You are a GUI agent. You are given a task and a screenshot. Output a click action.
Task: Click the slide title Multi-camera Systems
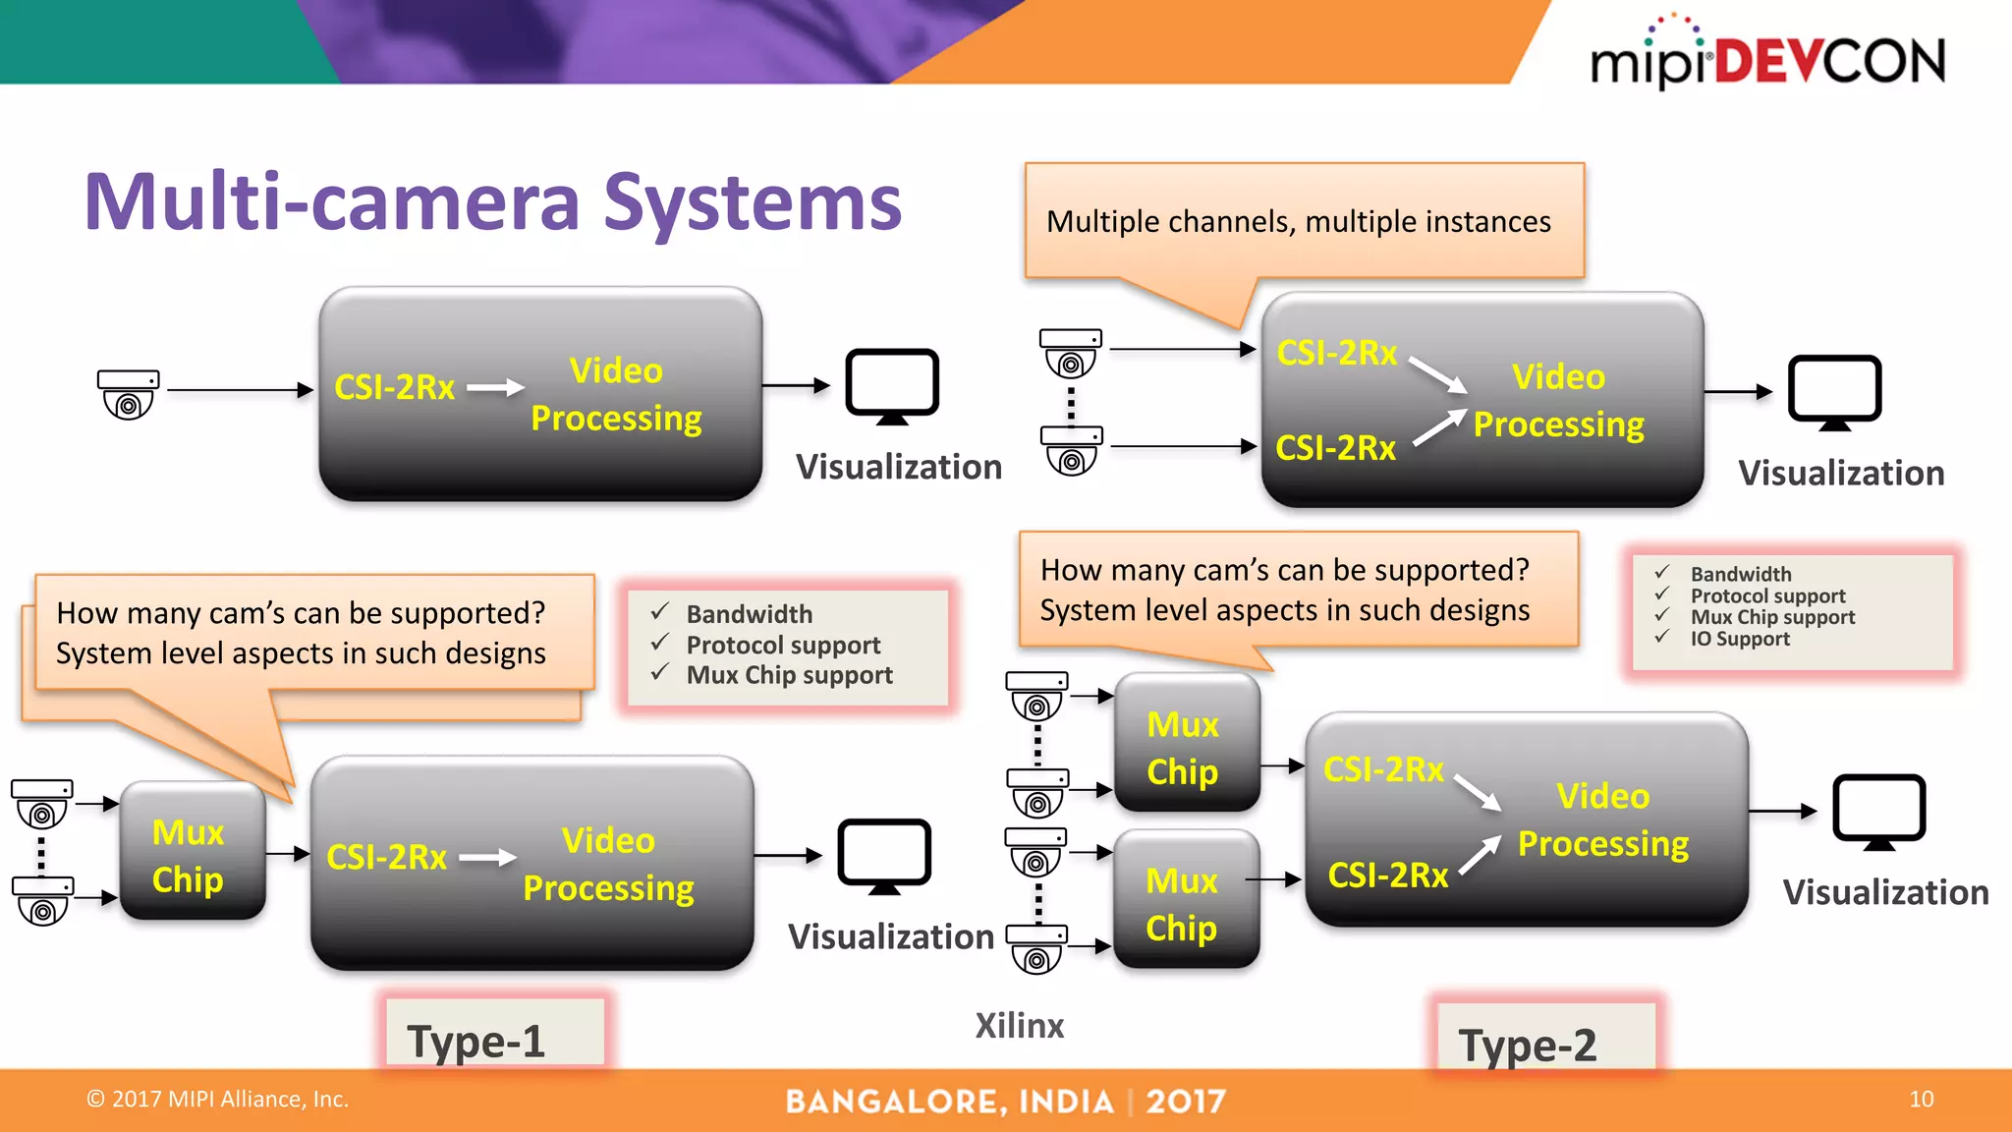(x=492, y=202)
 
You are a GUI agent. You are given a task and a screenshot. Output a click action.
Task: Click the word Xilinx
(x=1019, y=1026)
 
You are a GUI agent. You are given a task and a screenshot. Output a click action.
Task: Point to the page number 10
(x=1921, y=1099)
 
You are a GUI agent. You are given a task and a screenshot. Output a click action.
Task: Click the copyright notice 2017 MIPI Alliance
(x=218, y=1099)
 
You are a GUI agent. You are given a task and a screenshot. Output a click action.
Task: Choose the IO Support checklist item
(x=1739, y=640)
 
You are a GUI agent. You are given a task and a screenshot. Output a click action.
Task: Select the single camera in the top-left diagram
(x=128, y=393)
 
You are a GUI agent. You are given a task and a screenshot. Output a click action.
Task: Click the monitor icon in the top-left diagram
(x=892, y=385)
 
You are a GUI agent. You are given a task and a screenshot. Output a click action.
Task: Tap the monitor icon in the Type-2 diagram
(x=1878, y=812)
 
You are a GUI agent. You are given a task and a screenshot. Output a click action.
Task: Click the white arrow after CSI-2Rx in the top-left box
(x=495, y=388)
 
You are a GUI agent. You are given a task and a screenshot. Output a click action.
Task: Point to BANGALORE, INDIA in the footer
(x=950, y=1102)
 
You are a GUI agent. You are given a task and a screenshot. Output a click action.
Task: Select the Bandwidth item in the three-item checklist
(x=749, y=614)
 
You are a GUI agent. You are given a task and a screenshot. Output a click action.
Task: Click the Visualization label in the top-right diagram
(x=1841, y=474)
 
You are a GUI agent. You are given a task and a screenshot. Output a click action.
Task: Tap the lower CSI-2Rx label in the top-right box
(x=1335, y=448)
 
